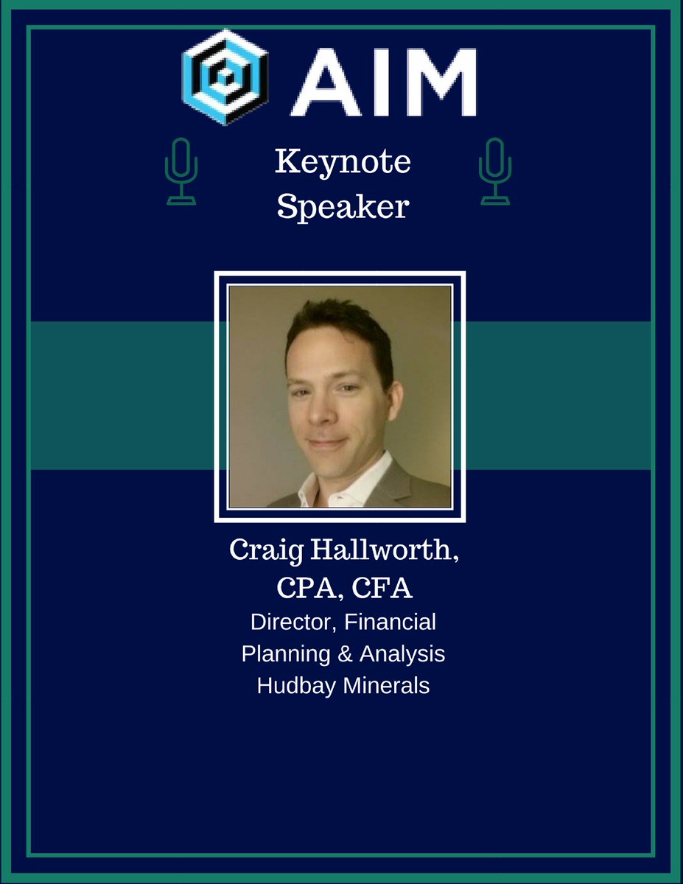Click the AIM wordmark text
[x=382, y=77]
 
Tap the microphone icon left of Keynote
[x=181, y=172]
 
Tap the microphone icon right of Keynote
[x=494, y=172]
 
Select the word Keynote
[x=342, y=162]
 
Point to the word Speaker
[x=342, y=207]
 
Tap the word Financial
[x=390, y=622]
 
